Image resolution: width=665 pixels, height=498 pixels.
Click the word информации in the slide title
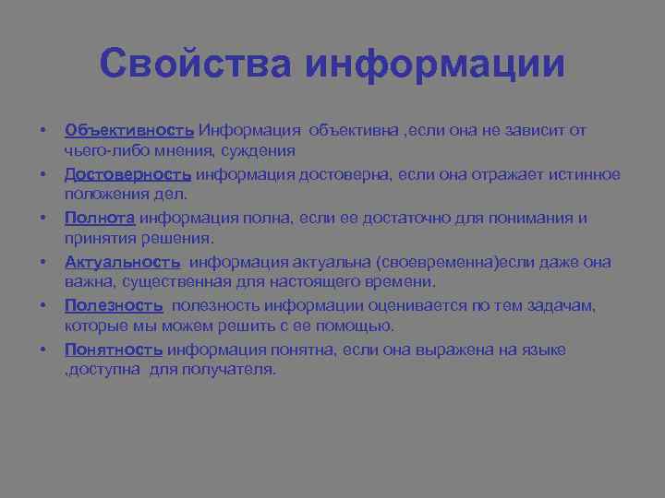[434, 65]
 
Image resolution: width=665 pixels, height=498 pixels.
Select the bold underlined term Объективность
[129, 131]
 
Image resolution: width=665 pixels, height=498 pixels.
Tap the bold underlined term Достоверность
[128, 174]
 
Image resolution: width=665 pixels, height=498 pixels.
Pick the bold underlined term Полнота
[101, 218]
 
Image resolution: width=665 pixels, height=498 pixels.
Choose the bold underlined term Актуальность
[123, 262]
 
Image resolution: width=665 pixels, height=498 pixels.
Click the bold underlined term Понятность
[114, 350]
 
